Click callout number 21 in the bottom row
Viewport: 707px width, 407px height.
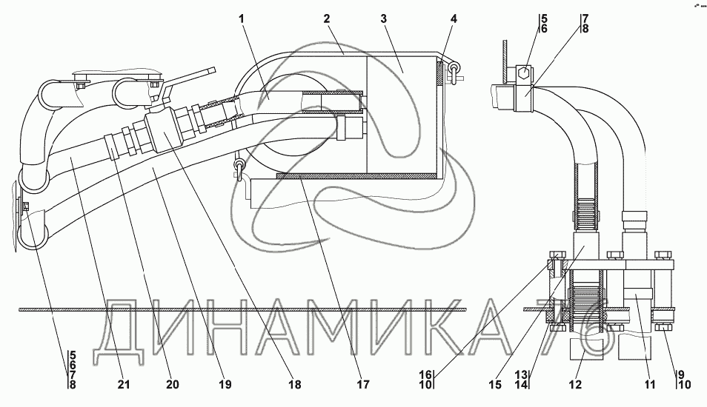pyautogui.click(x=123, y=385)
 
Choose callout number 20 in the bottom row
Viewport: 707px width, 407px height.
pyautogui.click(x=173, y=385)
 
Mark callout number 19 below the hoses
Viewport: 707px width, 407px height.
pyautogui.click(x=225, y=385)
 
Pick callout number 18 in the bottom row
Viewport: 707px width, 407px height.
pyautogui.click(x=296, y=385)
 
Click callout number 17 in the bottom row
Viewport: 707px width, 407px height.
pyautogui.click(x=362, y=385)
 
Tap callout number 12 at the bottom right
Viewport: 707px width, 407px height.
pyautogui.click(x=575, y=385)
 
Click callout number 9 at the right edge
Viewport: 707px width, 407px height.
pyautogui.click(x=681, y=375)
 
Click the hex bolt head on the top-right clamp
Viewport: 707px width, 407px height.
pyautogui.click(x=523, y=74)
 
